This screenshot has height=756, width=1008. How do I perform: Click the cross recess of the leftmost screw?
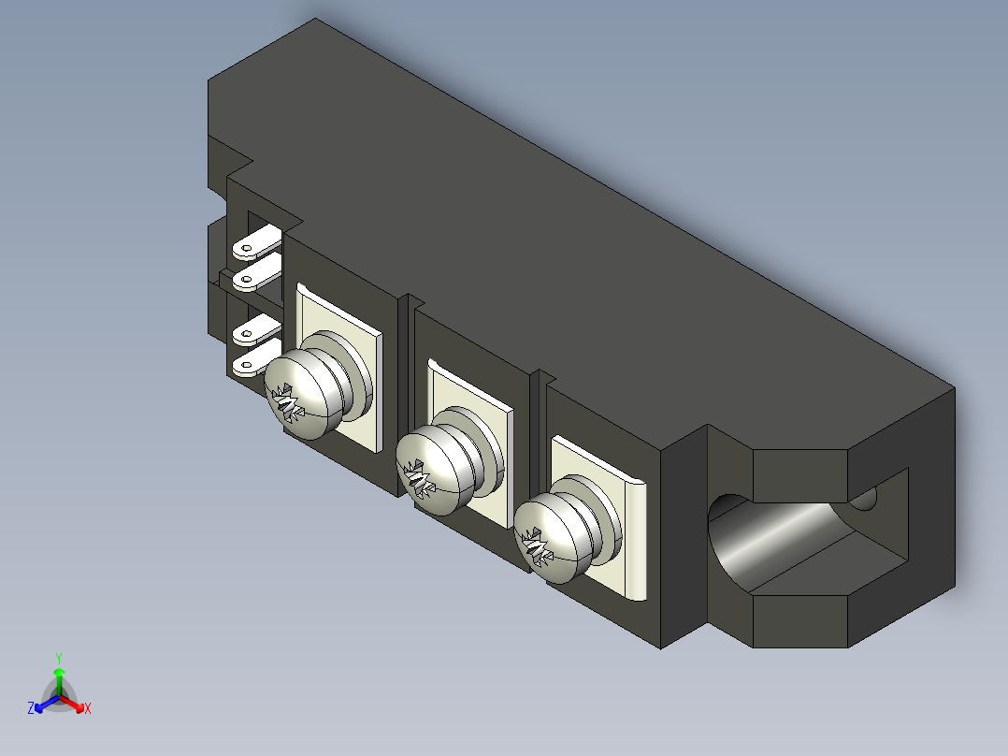(x=287, y=403)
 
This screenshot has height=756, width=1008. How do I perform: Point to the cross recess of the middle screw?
(x=419, y=478)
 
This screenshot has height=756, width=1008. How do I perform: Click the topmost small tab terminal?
(x=257, y=242)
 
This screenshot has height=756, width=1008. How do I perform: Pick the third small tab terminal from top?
(x=257, y=330)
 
